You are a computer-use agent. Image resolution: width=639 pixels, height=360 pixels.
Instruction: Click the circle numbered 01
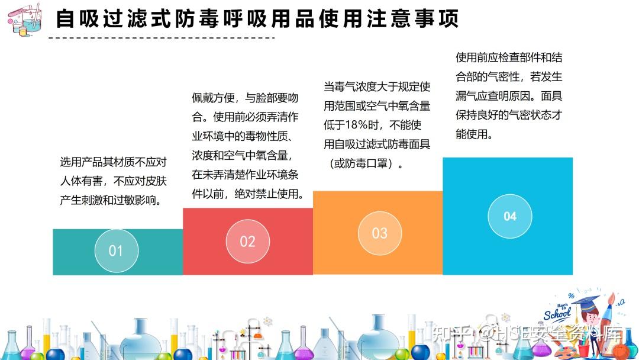tap(117, 250)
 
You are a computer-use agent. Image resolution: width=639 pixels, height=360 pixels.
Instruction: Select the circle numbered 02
tap(248, 241)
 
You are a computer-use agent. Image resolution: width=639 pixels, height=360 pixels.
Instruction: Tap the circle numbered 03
tap(379, 233)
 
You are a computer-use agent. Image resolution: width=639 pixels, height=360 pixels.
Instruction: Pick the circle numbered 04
tap(510, 216)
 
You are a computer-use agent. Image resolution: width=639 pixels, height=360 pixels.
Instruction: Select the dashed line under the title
tap(162, 38)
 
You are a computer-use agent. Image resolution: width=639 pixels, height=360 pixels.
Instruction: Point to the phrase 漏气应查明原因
tap(493, 96)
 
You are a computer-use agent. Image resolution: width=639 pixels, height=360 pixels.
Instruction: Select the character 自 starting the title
tap(66, 19)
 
